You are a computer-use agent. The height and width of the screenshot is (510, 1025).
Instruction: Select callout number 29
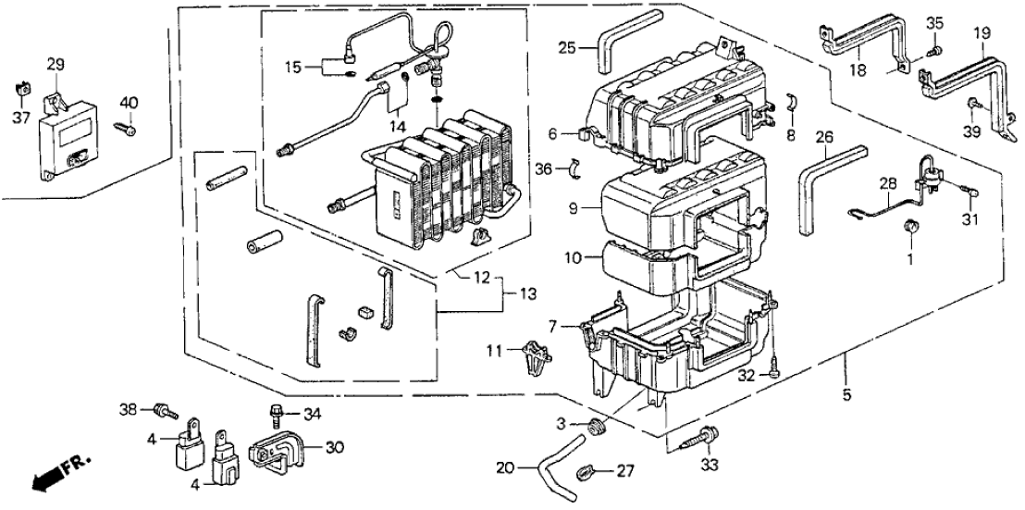tap(56, 65)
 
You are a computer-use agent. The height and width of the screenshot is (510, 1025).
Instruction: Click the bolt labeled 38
tap(165, 407)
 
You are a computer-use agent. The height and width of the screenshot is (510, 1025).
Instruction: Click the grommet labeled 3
tap(597, 428)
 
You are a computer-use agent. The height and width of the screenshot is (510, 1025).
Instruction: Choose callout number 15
tap(293, 67)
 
